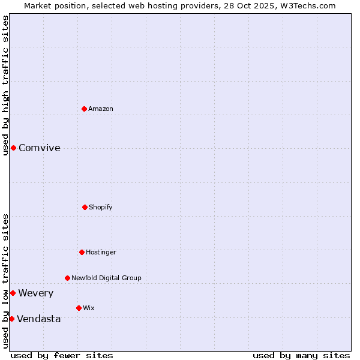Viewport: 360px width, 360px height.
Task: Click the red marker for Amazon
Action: point(84,109)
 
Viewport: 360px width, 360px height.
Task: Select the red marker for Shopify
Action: point(85,207)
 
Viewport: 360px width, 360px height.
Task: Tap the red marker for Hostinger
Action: point(82,252)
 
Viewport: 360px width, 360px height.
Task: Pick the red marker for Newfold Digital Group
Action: point(67,278)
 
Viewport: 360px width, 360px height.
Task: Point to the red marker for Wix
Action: point(79,308)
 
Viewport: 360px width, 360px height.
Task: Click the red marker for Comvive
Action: point(13,148)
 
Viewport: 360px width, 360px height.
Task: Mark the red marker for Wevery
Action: point(13,293)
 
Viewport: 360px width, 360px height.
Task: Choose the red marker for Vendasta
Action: point(11,319)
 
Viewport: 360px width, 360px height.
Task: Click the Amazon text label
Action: point(101,109)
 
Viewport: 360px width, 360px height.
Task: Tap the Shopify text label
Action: point(101,207)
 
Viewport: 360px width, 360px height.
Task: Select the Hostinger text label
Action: point(101,252)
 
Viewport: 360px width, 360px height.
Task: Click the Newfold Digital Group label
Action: point(106,278)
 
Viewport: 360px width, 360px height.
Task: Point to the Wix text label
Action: point(89,308)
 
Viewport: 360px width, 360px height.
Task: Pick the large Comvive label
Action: point(40,148)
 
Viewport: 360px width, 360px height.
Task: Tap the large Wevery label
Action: point(36,293)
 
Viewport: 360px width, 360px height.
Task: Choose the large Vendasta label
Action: point(39,319)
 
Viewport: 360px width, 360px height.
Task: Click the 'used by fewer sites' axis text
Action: point(62,355)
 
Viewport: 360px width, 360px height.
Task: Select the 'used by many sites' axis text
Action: point(301,355)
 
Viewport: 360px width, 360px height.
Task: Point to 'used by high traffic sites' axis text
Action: point(5,85)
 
